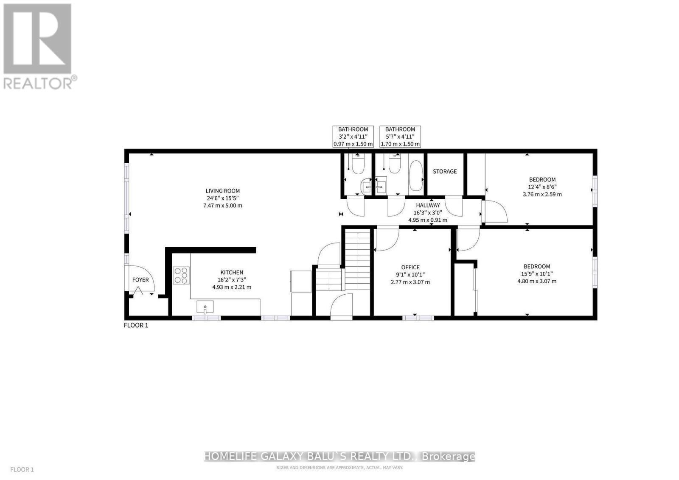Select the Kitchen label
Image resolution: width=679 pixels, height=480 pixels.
[x=232, y=272]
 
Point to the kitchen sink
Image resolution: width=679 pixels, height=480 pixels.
[x=205, y=306]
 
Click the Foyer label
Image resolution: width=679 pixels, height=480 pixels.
[x=140, y=280]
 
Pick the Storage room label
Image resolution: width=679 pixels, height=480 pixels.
[x=445, y=171]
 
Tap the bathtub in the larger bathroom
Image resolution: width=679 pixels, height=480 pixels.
[x=416, y=176]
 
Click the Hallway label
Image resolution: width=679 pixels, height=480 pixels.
[x=428, y=205]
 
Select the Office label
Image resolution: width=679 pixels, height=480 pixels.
[x=410, y=267]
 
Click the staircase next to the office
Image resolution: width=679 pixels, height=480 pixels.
[x=357, y=259]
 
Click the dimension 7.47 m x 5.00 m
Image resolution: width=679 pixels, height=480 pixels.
[x=223, y=206]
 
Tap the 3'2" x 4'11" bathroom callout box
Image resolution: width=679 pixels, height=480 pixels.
[x=353, y=137]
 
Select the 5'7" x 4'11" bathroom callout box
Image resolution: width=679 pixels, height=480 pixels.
[x=400, y=137]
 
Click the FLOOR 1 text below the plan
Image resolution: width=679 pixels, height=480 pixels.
[x=136, y=325]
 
